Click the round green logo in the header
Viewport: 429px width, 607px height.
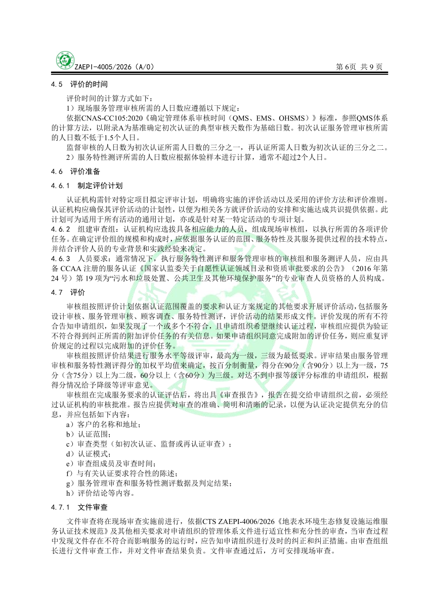click(x=65, y=61)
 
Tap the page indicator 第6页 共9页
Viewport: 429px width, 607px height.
click(x=359, y=67)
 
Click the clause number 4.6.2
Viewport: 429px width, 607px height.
click(x=60, y=229)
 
